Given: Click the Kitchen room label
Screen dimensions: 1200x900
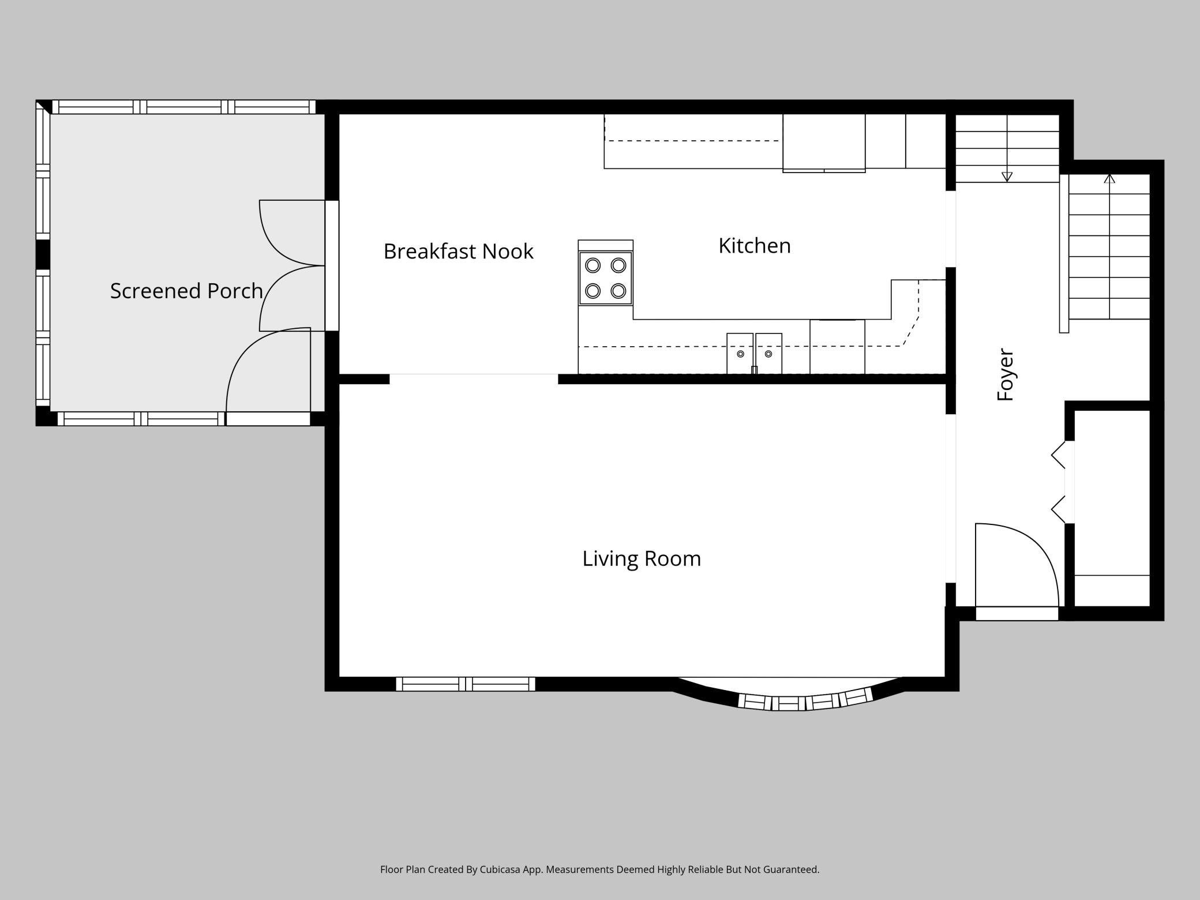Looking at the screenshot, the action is (754, 246).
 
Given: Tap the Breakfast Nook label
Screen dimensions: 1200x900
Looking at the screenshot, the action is (458, 252).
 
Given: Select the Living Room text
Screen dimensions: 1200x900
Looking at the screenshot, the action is (642, 558).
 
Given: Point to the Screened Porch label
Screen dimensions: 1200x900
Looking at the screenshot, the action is (186, 291).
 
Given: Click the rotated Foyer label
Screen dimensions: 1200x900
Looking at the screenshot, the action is (1006, 374).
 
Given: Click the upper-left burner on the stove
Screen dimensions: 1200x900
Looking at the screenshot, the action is (593, 265).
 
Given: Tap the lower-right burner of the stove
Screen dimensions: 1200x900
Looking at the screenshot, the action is (618, 290).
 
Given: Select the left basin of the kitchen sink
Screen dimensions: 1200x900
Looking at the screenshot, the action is (740, 353).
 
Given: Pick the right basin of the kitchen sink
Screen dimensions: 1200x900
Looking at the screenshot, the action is (768, 353).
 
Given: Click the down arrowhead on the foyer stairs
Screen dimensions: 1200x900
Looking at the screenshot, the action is (1007, 177).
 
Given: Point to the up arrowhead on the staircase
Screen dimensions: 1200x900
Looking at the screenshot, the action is (1109, 178).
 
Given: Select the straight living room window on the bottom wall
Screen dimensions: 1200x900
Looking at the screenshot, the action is (466, 684).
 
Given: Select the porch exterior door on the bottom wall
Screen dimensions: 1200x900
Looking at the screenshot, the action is (268, 418).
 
